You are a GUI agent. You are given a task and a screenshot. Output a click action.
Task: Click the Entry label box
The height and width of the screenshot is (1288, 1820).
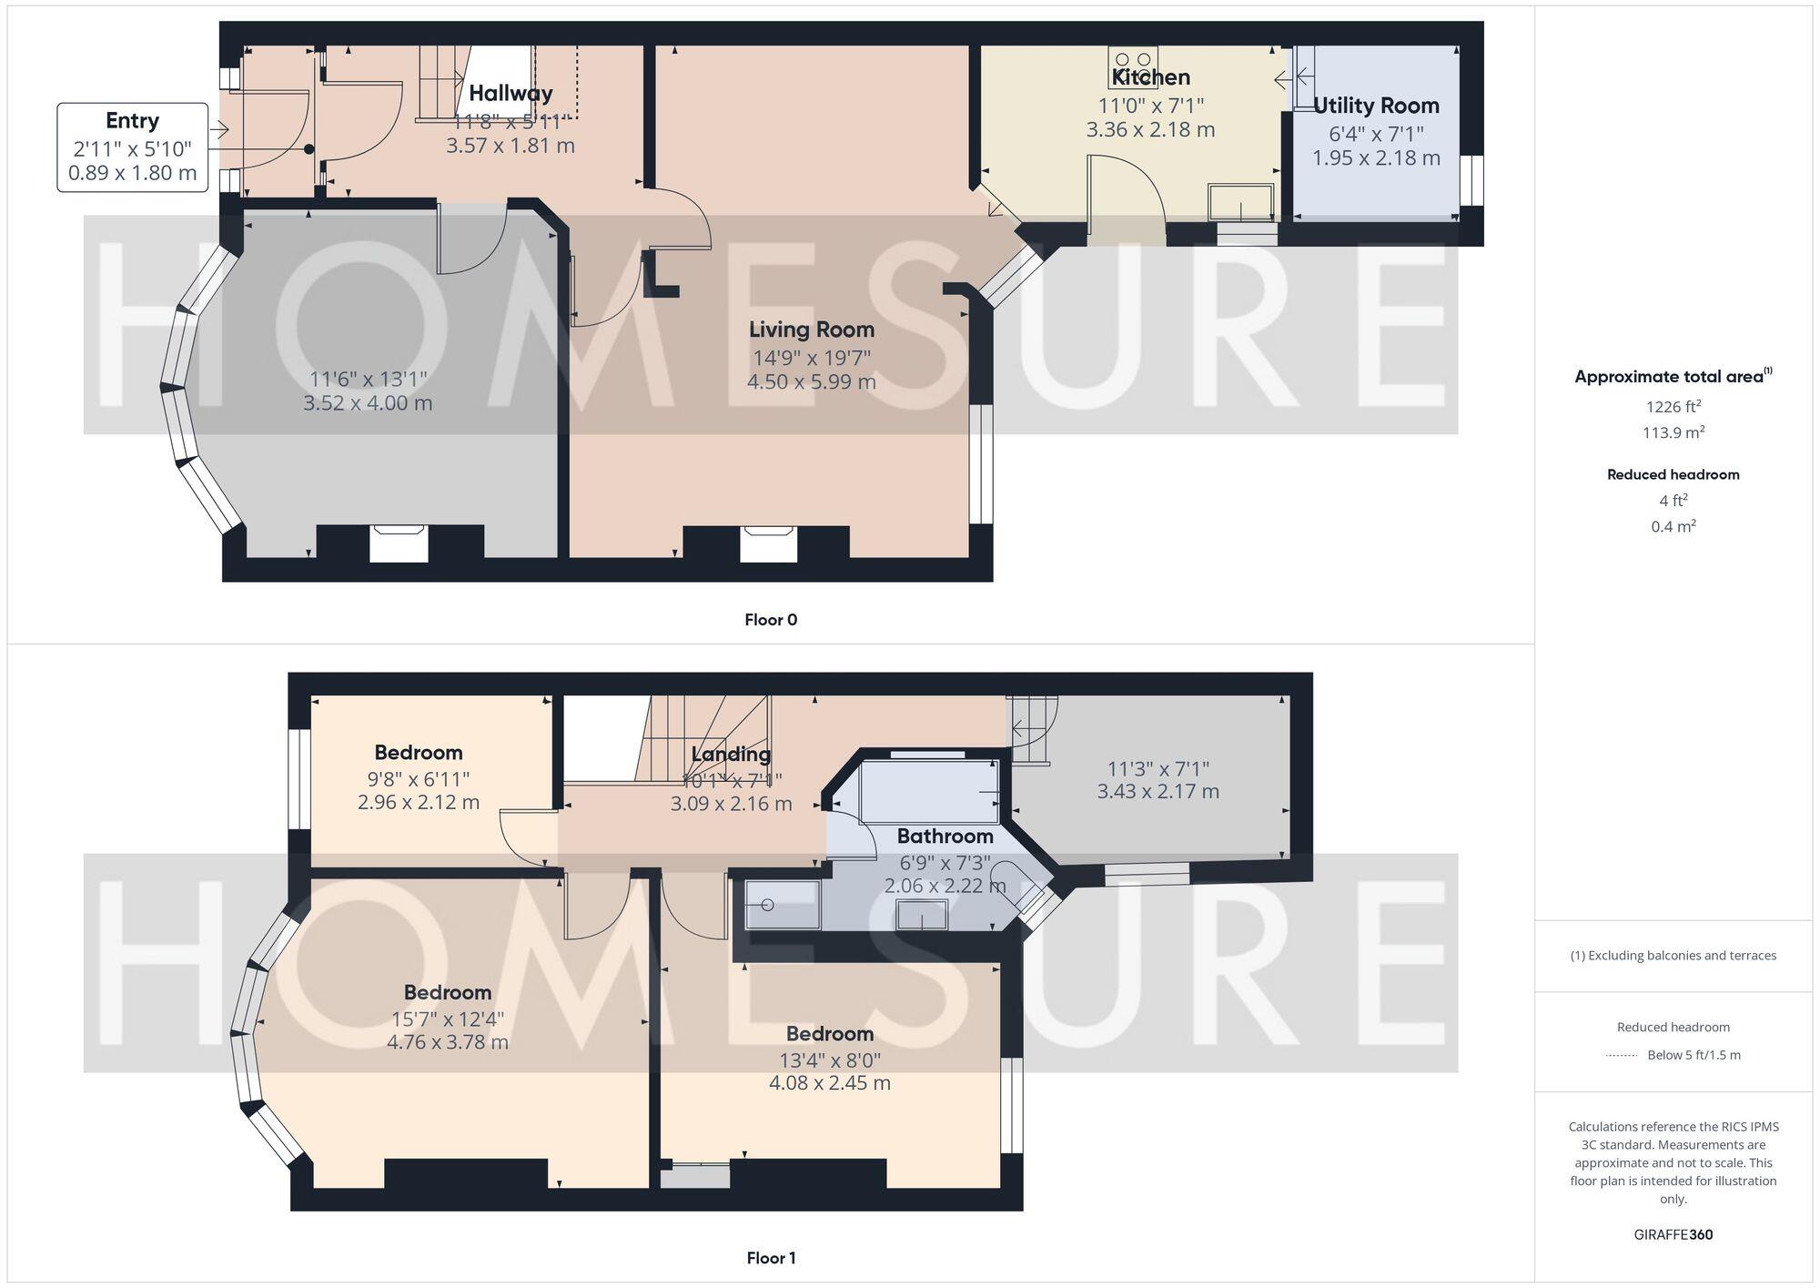click(133, 147)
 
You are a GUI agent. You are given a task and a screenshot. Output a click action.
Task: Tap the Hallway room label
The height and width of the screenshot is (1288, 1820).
click(511, 93)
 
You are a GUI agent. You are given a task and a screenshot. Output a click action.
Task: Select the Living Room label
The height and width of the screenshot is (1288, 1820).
click(811, 330)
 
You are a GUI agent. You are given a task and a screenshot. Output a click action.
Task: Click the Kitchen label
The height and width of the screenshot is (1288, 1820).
click(1150, 77)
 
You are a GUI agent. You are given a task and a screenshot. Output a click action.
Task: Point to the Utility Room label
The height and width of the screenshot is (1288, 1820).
click(1376, 106)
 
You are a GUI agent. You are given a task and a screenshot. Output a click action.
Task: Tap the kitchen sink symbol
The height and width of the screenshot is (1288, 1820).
click(1240, 201)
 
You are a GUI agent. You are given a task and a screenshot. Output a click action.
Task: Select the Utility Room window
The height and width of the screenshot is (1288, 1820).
click(1471, 180)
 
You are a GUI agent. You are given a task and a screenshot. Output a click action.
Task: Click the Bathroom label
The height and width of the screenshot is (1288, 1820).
click(945, 836)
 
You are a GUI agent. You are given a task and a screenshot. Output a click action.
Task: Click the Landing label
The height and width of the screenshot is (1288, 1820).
click(731, 754)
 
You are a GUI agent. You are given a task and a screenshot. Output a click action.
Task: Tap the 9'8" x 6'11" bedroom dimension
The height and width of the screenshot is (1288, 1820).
click(419, 779)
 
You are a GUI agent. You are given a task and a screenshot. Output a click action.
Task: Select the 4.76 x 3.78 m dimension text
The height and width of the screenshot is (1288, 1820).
click(448, 1041)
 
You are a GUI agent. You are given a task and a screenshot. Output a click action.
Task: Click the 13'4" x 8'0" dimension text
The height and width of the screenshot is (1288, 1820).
click(830, 1060)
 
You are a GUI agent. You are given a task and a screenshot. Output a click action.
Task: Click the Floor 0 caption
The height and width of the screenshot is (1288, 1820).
click(771, 620)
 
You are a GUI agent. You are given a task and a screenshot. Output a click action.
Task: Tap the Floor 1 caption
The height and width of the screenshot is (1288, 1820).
click(771, 1258)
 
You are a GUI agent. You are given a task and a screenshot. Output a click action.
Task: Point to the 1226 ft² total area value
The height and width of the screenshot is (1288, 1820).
click(1673, 407)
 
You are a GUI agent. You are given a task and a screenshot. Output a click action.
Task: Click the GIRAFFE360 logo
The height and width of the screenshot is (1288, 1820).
click(1673, 1235)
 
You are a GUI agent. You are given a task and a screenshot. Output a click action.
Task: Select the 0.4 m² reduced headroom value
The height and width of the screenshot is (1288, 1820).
click(1673, 526)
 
